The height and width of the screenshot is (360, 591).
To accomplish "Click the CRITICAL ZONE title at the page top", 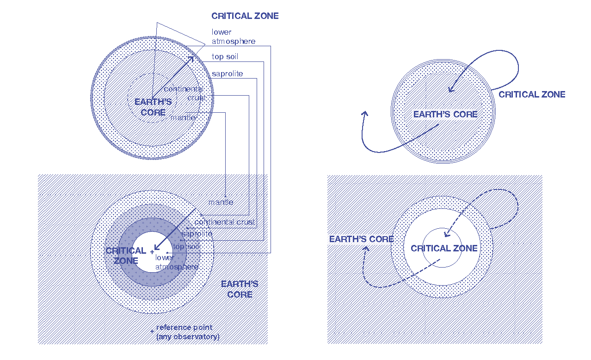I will click(x=245, y=16).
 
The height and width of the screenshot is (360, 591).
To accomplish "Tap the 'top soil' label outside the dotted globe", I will click(x=225, y=57).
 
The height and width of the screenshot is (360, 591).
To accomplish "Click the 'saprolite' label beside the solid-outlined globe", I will click(x=227, y=74).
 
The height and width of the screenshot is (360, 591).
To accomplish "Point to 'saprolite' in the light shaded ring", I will click(x=197, y=234).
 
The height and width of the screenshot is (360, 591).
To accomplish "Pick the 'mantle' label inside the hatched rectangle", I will click(x=221, y=202).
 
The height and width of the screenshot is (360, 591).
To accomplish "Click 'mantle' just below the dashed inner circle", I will click(x=183, y=118).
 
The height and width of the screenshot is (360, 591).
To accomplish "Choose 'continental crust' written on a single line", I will click(x=225, y=222).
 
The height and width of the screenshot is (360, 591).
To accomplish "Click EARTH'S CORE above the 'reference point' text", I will click(x=240, y=289).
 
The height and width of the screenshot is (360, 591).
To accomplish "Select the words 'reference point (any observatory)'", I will click(x=188, y=332).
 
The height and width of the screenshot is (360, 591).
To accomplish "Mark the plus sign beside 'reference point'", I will click(x=152, y=331).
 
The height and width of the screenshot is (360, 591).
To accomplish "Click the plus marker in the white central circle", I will click(x=152, y=252).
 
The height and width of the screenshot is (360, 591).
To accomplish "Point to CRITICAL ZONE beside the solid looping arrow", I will click(x=532, y=95).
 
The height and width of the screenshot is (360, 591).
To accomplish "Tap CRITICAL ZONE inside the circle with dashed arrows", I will click(x=444, y=249).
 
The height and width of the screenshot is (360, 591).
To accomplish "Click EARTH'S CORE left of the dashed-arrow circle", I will click(x=361, y=239).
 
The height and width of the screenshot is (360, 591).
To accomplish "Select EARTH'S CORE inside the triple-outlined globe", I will click(x=445, y=115).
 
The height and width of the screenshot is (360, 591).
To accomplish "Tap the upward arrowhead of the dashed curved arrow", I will click(x=366, y=248).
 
